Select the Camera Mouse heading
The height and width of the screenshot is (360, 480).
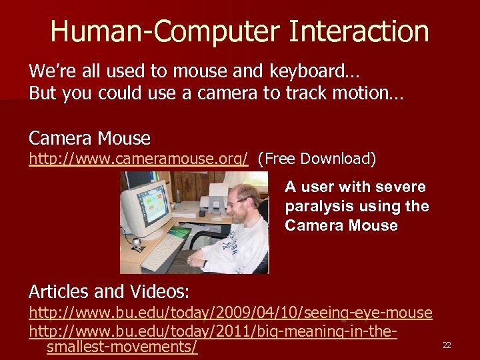click(x=89, y=138)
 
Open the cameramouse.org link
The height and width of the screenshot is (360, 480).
click(x=139, y=159)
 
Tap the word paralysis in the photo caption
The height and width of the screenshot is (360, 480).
click(x=319, y=206)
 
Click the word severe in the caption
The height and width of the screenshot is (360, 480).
click(x=400, y=187)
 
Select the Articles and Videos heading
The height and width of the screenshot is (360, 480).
click(x=109, y=291)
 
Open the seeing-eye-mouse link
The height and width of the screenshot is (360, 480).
click(x=231, y=312)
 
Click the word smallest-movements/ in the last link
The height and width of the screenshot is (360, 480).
click(x=122, y=347)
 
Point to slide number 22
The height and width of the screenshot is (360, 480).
click(x=447, y=345)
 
